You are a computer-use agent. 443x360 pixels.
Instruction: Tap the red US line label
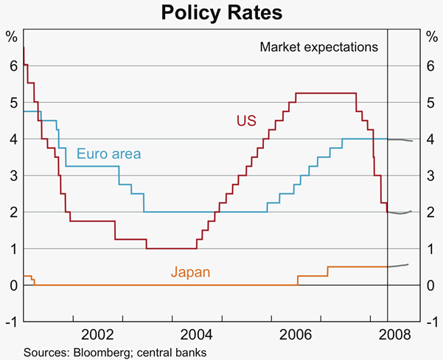pos(245,120)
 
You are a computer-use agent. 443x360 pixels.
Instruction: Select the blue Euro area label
pos(108,154)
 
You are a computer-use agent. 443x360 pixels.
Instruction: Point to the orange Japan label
pos(190,272)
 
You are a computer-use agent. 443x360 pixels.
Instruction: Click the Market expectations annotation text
pos(318,47)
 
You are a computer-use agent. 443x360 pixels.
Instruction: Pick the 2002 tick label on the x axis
pos(98,333)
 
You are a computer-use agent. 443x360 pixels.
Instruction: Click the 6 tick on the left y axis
pos(13,66)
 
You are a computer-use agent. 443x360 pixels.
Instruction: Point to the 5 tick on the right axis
pos(430,103)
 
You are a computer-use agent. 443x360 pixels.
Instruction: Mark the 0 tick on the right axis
pos(430,285)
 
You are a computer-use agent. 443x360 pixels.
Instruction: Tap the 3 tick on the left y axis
pos(13,176)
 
